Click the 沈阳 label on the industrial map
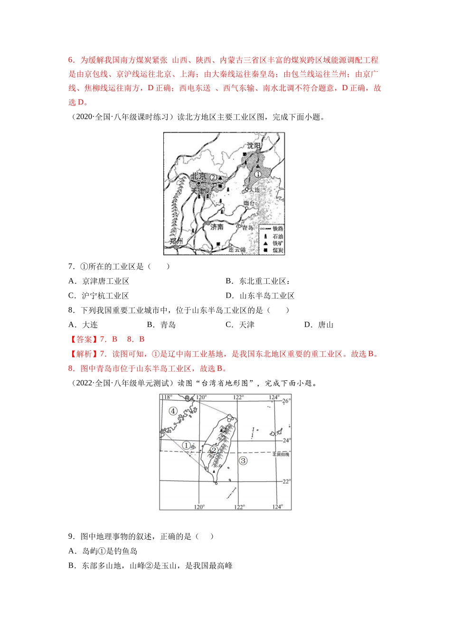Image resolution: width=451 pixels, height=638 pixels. point(254,146)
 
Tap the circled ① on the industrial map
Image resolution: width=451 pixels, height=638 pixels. point(258,174)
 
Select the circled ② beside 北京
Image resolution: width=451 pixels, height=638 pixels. point(214,178)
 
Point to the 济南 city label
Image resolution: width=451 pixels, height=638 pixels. point(217,227)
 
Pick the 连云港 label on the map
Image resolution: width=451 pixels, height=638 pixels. point(237,250)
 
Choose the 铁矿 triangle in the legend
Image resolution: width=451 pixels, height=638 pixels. point(265,243)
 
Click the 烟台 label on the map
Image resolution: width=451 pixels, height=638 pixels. point(249,203)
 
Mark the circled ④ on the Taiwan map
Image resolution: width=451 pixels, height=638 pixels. point(173,411)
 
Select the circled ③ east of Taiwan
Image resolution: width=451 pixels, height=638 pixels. point(243,460)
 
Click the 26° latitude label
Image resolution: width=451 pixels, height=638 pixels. point(286,401)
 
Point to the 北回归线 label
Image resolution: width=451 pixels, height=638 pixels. point(281,454)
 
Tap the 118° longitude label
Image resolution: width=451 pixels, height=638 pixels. point(166,397)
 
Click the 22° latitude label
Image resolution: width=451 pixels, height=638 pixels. point(286,481)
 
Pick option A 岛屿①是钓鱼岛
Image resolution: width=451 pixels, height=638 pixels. point(110,551)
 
